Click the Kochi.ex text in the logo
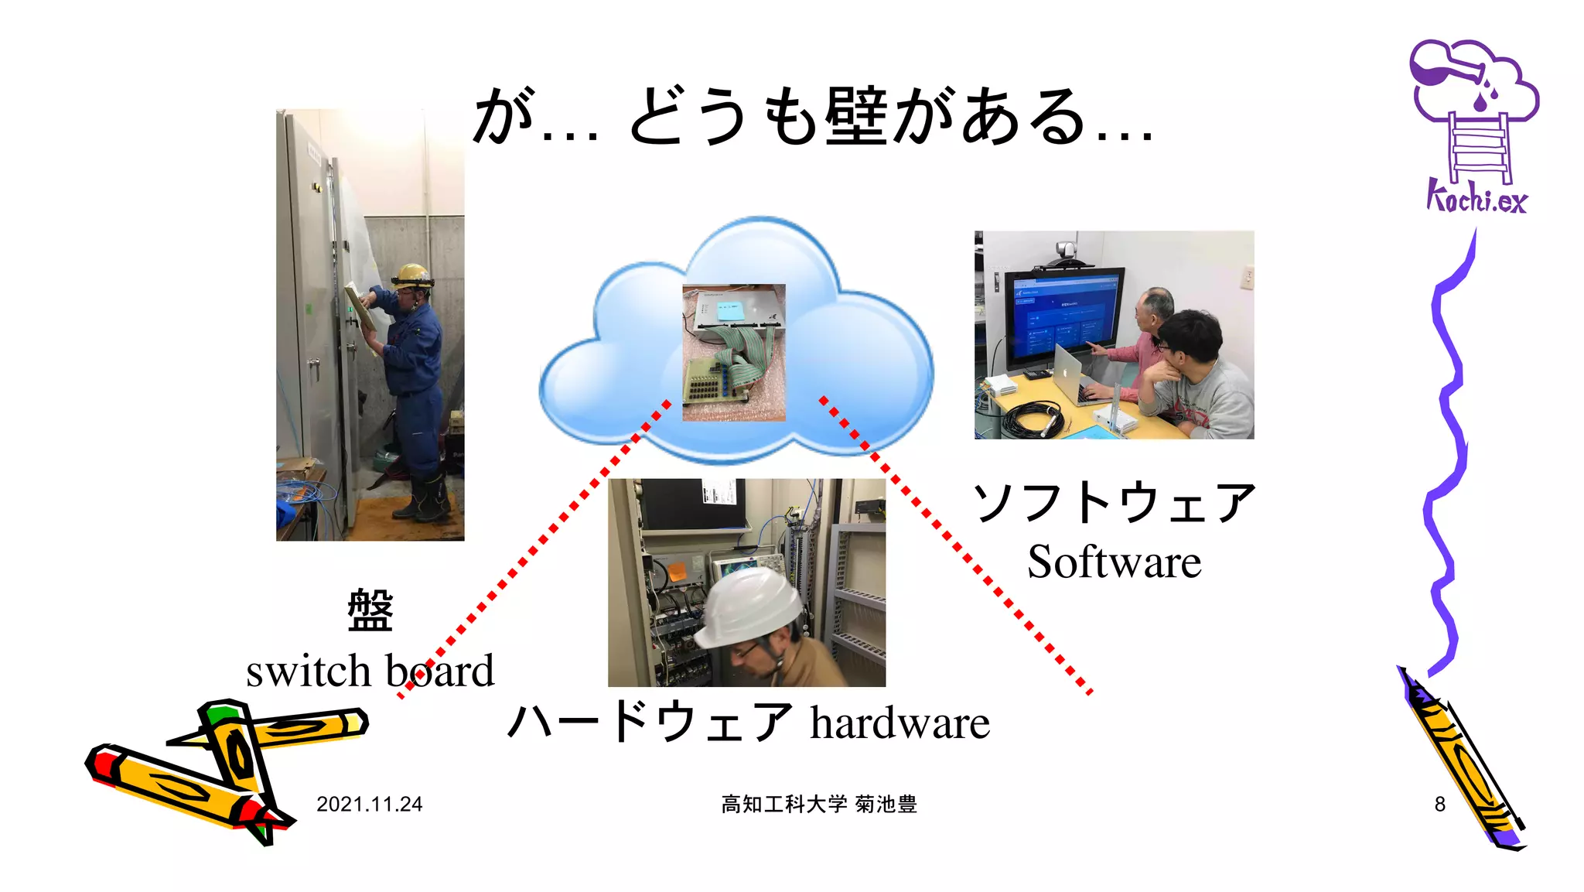click(1476, 198)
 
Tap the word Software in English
click(1114, 562)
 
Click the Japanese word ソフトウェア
click(1114, 503)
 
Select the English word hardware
click(900, 723)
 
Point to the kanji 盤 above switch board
click(370, 610)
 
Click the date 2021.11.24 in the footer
click(369, 805)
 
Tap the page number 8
click(1439, 805)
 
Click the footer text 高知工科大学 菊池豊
click(819, 805)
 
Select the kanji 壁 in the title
click(855, 118)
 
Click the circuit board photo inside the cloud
click(733, 353)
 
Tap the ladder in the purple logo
click(1479, 147)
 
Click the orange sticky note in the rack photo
click(677, 572)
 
